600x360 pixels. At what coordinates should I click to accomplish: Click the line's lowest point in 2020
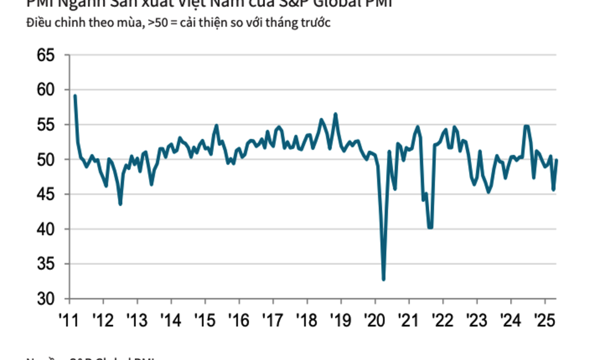coord(383,279)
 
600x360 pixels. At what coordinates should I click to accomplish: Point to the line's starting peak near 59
coord(75,96)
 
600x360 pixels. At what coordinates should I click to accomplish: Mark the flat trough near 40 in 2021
coord(430,227)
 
